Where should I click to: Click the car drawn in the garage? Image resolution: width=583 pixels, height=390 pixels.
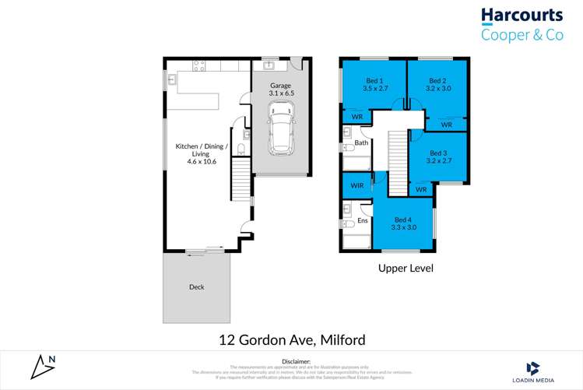281,129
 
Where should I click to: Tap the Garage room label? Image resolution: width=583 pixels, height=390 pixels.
280,85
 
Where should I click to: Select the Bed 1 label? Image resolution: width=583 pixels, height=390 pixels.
375,81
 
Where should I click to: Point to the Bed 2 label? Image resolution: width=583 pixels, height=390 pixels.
438,81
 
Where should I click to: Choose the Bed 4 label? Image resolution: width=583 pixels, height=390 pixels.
402,220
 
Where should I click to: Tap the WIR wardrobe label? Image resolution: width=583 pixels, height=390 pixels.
357,186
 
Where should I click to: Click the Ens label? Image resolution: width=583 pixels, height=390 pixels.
362,221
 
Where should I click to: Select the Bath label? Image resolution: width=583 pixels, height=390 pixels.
361,142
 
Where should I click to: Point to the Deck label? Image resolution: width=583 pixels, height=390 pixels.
197,287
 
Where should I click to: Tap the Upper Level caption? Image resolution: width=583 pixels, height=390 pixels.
405,269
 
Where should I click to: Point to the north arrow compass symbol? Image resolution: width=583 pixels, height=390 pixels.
44,366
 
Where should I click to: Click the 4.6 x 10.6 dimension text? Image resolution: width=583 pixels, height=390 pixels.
202,162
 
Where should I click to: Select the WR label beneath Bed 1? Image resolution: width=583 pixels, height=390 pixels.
357,117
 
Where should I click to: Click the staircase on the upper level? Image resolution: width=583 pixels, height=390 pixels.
398,163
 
